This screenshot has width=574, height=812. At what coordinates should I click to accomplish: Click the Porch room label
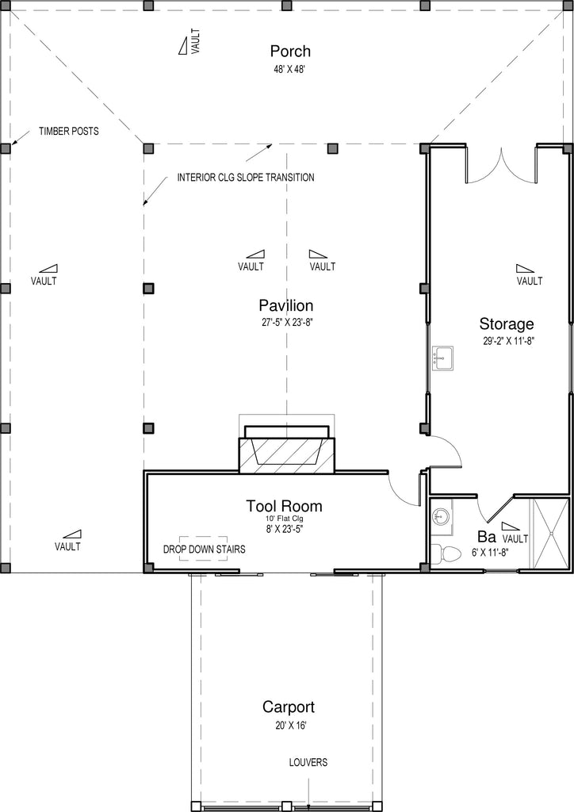290,52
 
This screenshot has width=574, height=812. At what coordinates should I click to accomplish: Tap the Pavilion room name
286,305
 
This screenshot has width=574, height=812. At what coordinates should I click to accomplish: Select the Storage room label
506,324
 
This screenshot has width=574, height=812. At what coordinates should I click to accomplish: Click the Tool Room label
284,506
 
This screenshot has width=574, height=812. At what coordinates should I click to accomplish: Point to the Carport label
289,707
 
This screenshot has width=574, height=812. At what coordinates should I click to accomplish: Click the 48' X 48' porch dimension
289,70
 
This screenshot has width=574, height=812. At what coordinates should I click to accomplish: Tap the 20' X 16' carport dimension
291,726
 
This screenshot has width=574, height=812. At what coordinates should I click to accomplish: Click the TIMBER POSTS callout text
69,131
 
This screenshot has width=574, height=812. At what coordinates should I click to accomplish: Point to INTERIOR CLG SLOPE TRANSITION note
246,178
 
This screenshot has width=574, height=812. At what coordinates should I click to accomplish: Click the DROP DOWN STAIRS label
205,549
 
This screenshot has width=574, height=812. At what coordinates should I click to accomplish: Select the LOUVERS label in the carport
308,762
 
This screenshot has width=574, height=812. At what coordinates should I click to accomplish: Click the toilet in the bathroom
446,553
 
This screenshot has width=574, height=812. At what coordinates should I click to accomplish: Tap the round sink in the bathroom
442,516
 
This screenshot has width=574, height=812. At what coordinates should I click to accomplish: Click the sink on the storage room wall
442,358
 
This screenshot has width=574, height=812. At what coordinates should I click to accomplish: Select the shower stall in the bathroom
551,534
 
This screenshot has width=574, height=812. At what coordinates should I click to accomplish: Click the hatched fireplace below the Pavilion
287,454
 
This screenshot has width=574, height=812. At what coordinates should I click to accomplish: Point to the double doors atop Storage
502,167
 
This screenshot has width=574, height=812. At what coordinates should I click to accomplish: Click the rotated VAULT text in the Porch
195,41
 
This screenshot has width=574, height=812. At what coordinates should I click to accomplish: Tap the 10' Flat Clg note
284,519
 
